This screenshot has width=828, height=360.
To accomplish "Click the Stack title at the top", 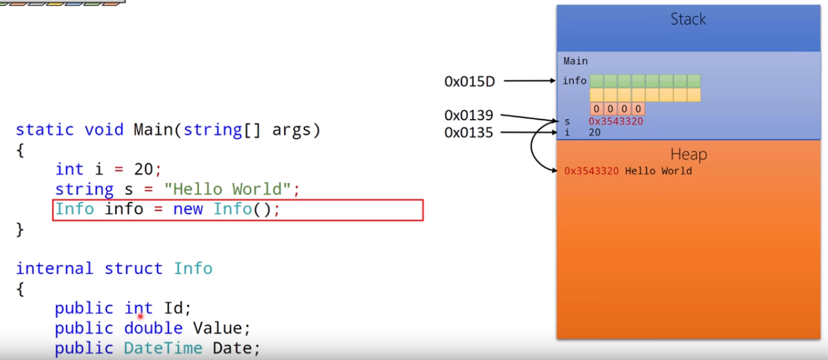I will click(688, 19).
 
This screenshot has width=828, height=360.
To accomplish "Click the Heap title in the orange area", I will click(688, 154).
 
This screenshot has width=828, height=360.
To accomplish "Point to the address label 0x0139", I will click(469, 116).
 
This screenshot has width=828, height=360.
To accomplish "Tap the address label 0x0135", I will click(469, 132).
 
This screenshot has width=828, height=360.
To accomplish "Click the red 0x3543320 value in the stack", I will click(615, 122).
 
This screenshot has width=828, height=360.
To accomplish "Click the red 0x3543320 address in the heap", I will click(591, 171).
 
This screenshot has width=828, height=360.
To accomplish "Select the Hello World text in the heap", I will click(658, 171).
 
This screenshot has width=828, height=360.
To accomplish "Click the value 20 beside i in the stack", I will click(595, 132).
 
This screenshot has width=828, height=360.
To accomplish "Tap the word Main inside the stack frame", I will click(575, 61).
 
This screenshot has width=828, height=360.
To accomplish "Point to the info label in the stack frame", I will click(575, 81).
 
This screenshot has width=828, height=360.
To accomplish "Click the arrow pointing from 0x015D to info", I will click(529, 81).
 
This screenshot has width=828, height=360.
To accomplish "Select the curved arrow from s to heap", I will click(535, 149).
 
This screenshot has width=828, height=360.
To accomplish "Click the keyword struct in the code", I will click(133, 269).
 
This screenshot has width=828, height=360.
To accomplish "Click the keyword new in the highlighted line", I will click(187, 209).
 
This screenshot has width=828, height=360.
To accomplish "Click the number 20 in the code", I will click(143, 169).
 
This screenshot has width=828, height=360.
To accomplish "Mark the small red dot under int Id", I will click(140, 317).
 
